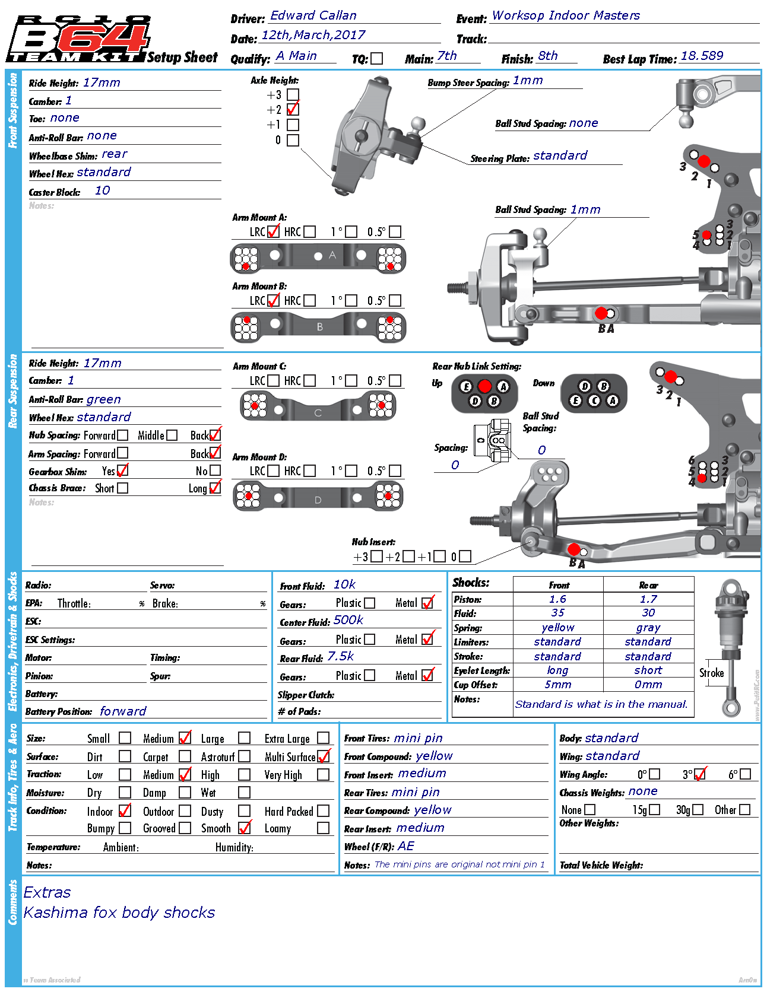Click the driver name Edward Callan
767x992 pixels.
click(313, 16)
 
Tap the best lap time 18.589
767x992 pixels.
click(702, 56)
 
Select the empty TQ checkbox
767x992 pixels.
click(377, 59)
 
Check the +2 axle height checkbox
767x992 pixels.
click(293, 110)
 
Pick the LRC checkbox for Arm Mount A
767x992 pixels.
click(274, 231)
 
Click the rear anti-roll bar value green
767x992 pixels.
click(104, 399)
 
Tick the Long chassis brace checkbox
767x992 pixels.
click(215, 488)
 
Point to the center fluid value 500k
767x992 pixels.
click(348, 620)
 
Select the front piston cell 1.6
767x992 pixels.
click(557, 599)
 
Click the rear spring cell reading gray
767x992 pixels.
click(648, 628)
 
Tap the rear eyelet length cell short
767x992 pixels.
click(648, 670)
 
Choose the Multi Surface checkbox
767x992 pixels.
click(324, 756)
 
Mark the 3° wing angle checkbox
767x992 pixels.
click(701, 774)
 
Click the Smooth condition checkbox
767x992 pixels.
click(245, 828)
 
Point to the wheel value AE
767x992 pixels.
click(406, 846)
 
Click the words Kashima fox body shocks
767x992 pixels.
click(119, 912)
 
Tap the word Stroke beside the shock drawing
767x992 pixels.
click(711, 673)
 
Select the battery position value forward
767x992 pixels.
click(123, 711)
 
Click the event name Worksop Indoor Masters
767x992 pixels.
click(566, 16)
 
